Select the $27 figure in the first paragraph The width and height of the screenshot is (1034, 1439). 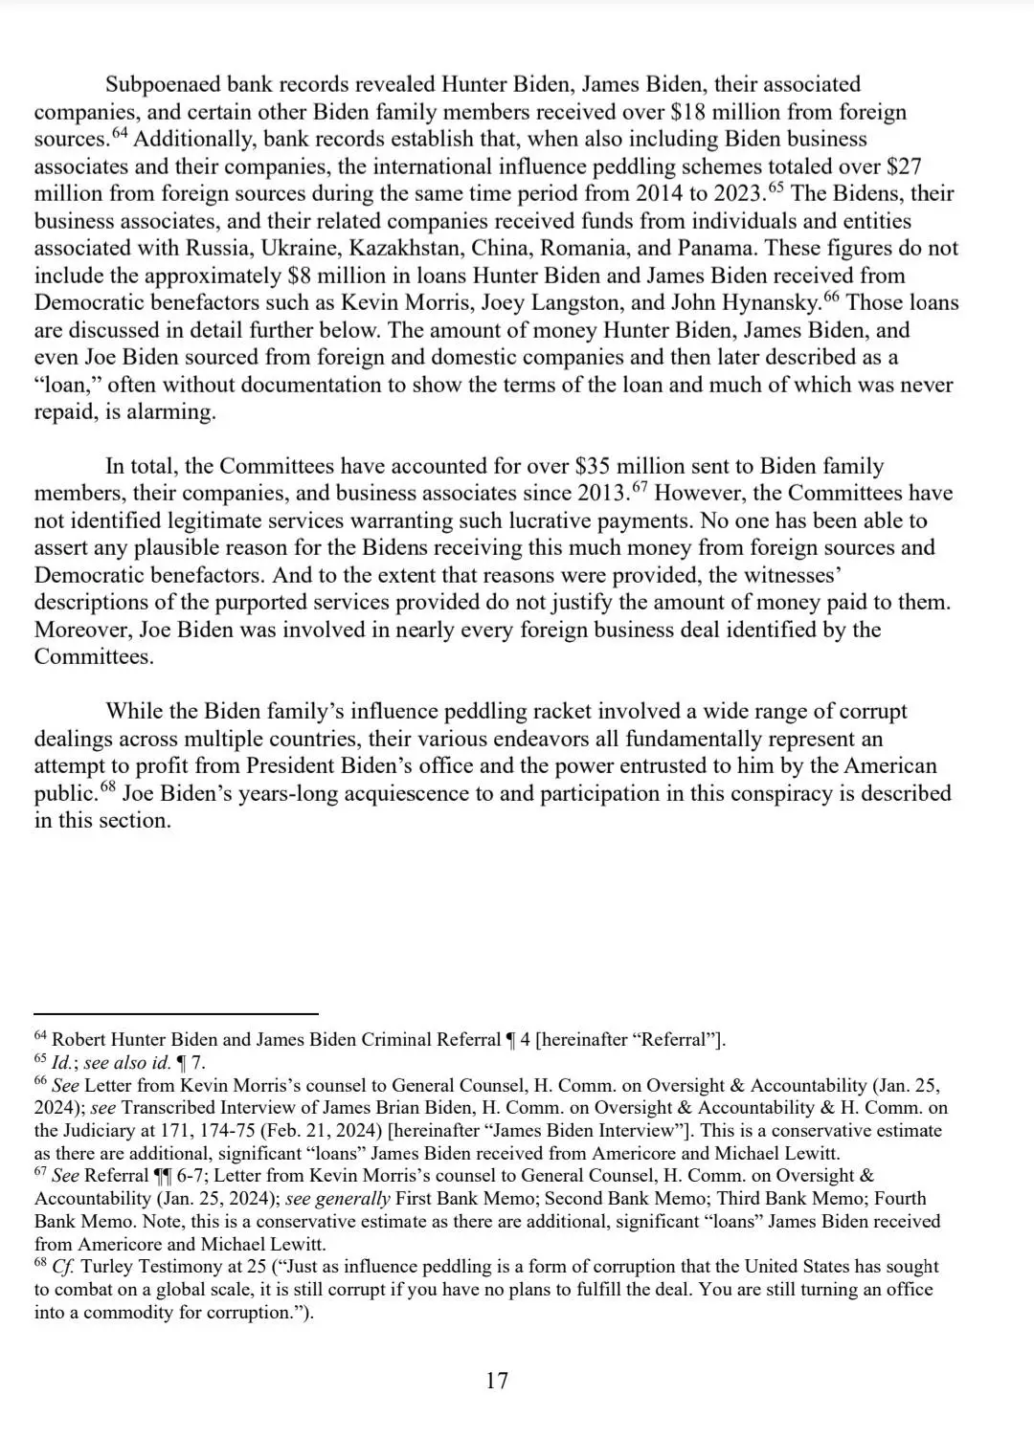(x=904, y=166)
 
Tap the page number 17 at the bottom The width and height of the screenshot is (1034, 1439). (x=497, y=1381)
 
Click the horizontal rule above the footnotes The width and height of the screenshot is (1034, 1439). (x=175, y=1013)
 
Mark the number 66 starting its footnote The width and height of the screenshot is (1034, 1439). (x=40, y=1081)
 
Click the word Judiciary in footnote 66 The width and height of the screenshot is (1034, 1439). (x=100, y=1131)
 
